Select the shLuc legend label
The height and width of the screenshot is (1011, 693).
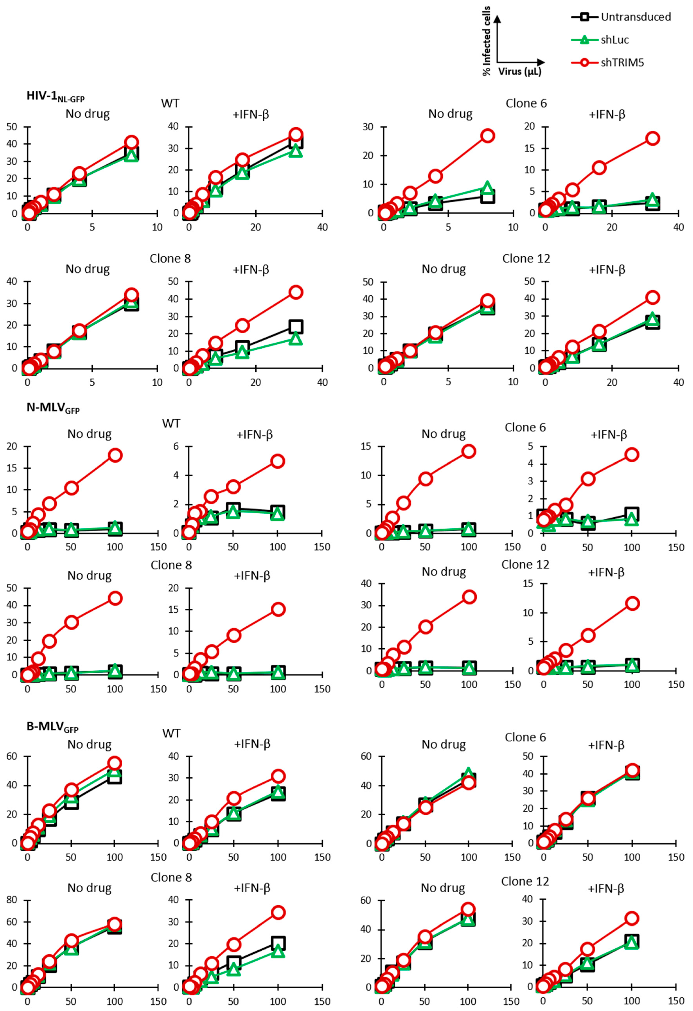tap(615, 40)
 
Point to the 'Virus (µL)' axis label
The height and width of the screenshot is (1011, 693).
tap(520, 71)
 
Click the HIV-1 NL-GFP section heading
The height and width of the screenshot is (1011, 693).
tap(55, 97)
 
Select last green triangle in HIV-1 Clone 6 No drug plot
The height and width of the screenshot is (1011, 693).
tap(487, 187)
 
